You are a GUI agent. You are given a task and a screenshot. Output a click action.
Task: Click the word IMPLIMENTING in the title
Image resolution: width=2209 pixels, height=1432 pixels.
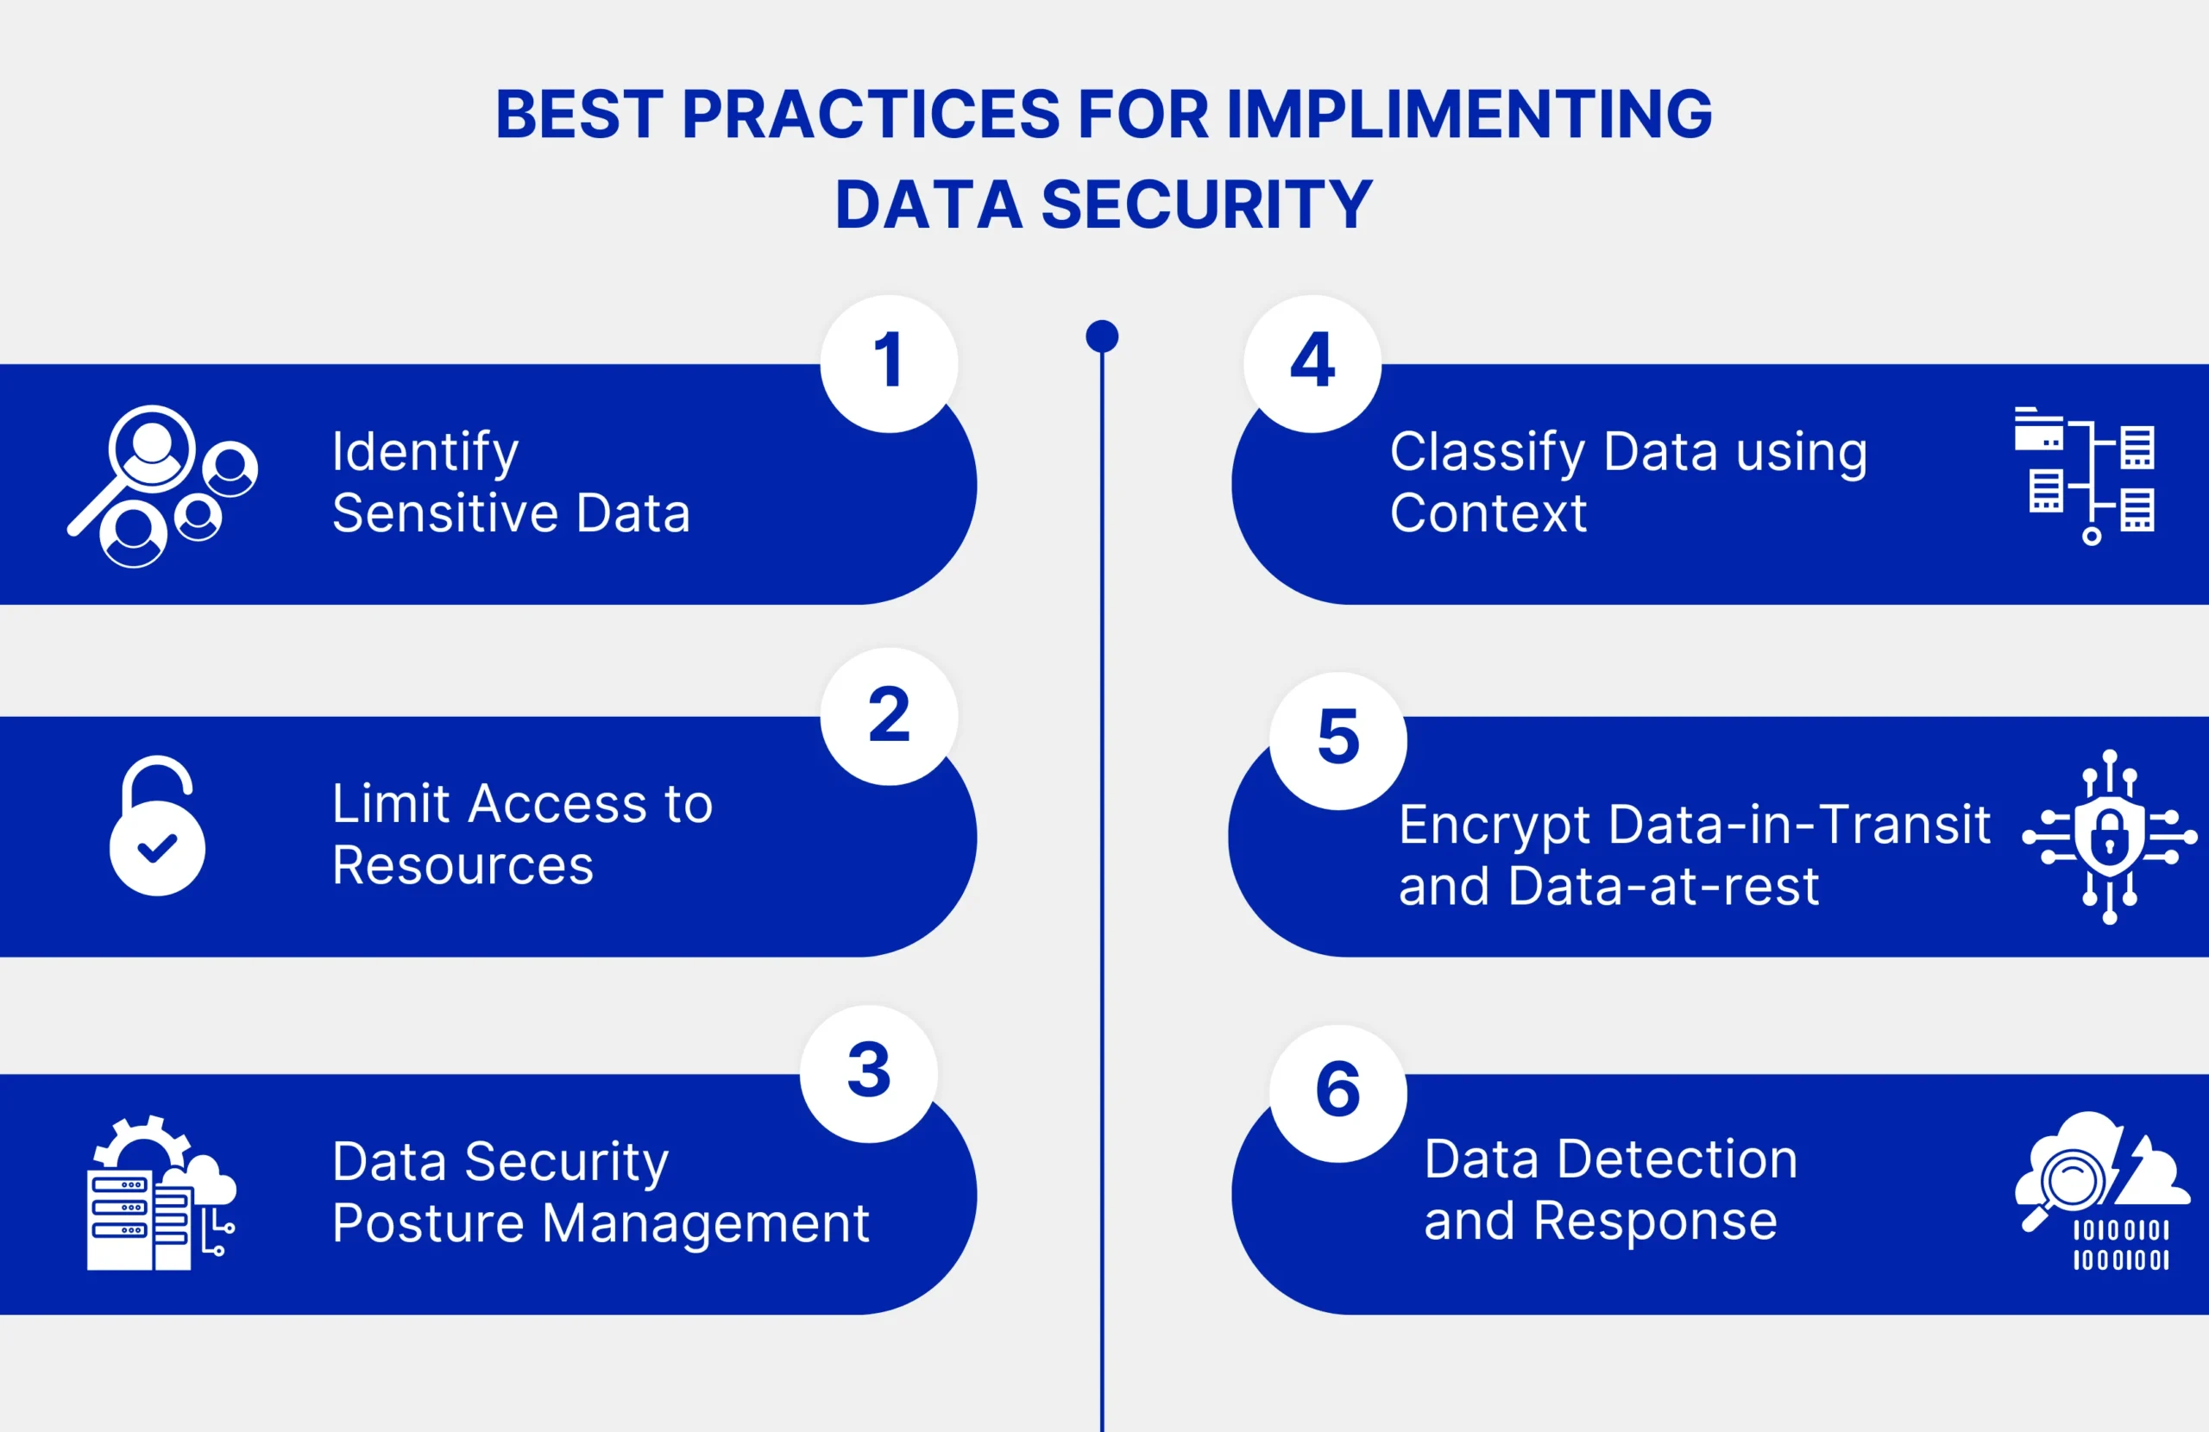1470,114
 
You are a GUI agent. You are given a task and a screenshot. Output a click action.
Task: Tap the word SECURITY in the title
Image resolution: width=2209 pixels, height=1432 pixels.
1206,204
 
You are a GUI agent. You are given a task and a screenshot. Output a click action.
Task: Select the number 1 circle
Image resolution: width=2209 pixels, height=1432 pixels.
889,364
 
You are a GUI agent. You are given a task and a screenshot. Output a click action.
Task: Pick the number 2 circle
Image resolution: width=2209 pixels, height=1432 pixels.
889,717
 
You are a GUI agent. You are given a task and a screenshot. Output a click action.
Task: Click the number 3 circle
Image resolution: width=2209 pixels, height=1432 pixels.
869,1074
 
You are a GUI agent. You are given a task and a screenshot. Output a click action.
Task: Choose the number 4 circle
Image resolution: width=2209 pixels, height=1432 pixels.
1312,364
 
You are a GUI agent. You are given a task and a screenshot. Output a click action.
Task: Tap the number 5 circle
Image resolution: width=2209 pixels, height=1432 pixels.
1338,741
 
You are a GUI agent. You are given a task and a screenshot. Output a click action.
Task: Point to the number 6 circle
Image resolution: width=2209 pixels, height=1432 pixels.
1338,1093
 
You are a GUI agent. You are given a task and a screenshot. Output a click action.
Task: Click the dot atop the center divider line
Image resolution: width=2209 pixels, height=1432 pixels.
1102,336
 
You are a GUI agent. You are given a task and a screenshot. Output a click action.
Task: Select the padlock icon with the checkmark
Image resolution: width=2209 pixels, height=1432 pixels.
157,825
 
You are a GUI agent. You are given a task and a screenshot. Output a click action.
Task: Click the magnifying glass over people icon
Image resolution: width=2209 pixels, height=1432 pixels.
162,486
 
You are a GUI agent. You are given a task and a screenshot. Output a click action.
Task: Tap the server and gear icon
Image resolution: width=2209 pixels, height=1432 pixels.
161,1192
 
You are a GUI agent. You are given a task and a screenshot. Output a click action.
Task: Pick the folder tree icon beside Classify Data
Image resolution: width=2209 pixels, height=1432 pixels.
2085,475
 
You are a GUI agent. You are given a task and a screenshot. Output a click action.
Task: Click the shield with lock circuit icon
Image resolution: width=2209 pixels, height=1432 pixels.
2110,836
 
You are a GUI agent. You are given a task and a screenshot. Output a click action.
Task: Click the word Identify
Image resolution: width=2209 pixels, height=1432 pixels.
425,453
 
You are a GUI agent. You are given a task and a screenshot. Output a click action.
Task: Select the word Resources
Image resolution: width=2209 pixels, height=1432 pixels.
463,866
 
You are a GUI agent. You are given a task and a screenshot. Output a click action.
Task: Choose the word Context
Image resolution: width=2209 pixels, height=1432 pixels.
1488,513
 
